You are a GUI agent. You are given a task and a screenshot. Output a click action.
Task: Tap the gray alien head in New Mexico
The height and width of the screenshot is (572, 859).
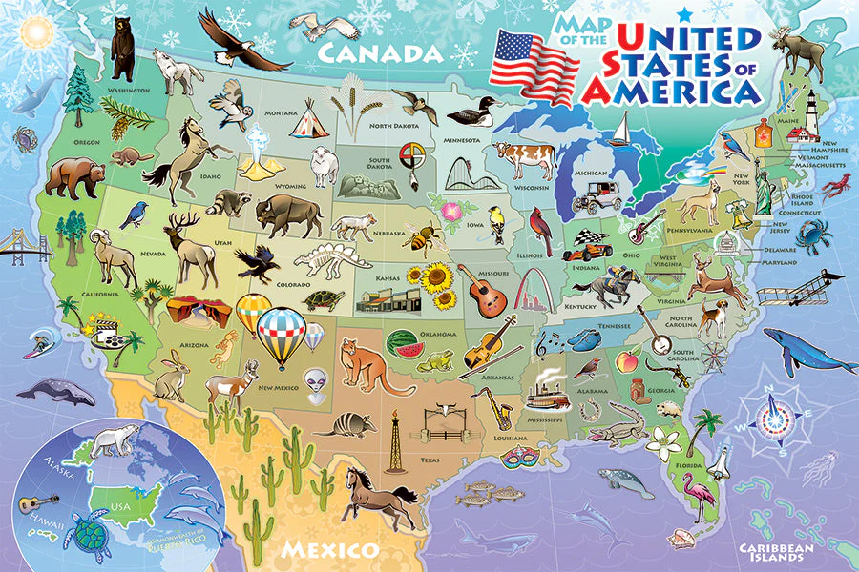point(316,381)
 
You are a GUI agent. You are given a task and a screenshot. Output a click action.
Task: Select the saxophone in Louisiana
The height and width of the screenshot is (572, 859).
point(502,407)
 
